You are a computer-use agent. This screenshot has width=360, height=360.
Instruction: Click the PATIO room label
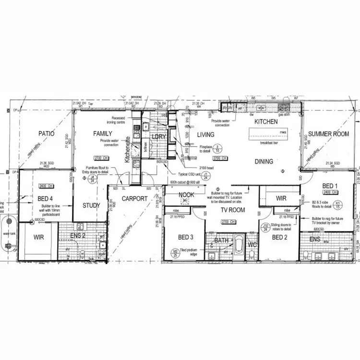coord(47,134)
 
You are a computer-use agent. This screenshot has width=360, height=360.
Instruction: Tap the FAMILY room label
coord(103,134)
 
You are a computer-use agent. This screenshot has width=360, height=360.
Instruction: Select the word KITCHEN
coord(266,122)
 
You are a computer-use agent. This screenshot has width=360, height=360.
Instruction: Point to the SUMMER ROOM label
coord(329,134)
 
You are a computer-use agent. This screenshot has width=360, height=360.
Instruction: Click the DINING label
coord(264,162)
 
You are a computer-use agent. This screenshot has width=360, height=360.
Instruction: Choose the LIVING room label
coord(205,135)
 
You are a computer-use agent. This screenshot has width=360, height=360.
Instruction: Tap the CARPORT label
coord(134,198)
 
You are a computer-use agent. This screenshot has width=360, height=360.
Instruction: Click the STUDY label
coord(91,206)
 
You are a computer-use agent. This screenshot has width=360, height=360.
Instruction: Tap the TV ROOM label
coord(233,210)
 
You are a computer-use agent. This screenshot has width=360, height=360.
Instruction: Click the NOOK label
coord(186,194)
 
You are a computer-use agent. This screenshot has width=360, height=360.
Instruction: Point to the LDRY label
coord(158,137)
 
